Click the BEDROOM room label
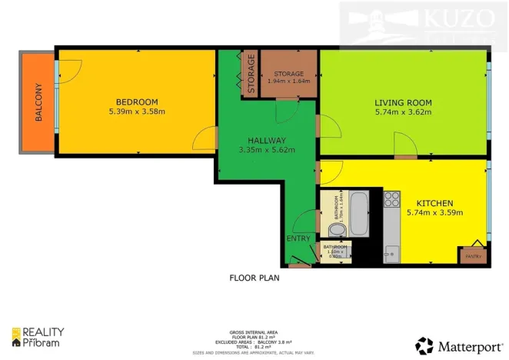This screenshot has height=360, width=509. pyautogui.click(x=137, y=102)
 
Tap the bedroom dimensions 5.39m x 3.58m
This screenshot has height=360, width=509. pyautogui.click(x=137, y=112)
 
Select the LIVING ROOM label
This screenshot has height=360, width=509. pyautogui.click(x=403, y=102)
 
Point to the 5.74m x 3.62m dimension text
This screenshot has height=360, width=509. pyautogui.click(x=403, y=112)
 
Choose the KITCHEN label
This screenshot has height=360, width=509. pyautogui.click(x=436, y=202)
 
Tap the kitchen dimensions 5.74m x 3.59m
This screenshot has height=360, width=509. pyautogui.click(x=436, y=212)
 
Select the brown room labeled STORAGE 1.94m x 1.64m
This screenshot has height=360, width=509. pyautogui.click(x=288, y=74)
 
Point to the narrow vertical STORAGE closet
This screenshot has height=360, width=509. pyautogui.click(x=251, y=74)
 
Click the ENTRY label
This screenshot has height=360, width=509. pyautogui.click(x=298, y=238)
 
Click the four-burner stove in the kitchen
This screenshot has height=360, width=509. pyautogui.click(x=392, y=200)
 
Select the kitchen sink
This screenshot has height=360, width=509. pyautogui.click(x=391, y=251)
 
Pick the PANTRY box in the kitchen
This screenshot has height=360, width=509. pyautogui.click(x=471, y=256)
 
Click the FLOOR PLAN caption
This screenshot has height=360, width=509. pyautogui.click(x=254, y=278)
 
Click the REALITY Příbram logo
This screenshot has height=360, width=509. pyautogui.click(x=38, y=337)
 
